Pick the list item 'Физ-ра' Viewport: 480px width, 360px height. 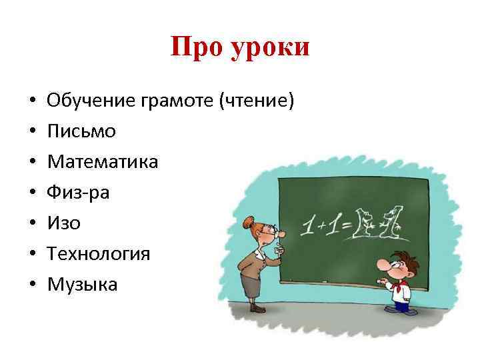pyautogui.click(x=78, y=193)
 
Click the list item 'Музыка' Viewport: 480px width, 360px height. pyautogui.click(x=82, y=285)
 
